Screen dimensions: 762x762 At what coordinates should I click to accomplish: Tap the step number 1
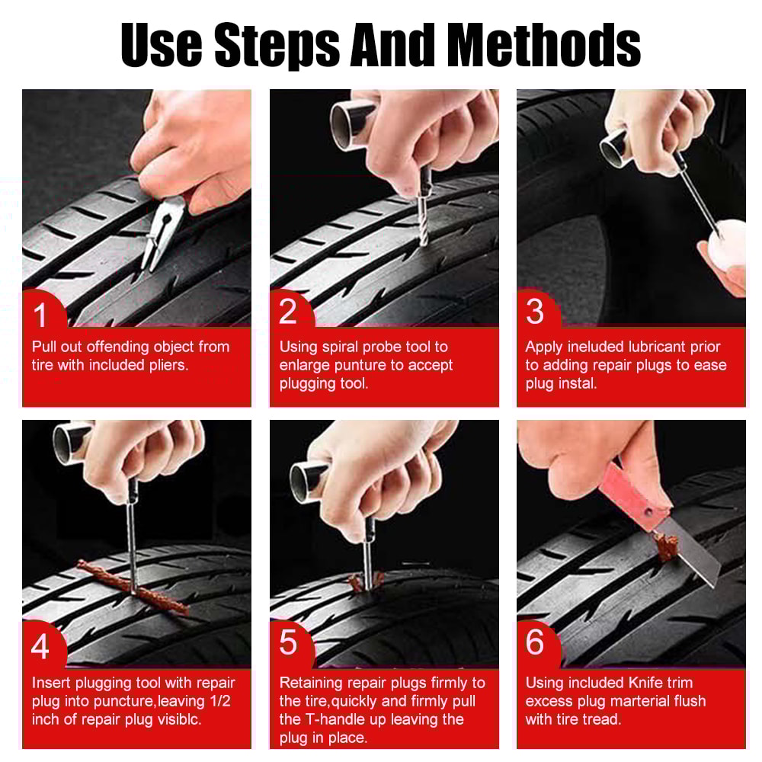click(40, 314)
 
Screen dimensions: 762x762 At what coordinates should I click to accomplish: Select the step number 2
click(287, 312)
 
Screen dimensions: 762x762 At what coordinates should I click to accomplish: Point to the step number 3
click(535, 312)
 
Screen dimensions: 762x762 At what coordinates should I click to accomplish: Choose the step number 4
click(40, 647)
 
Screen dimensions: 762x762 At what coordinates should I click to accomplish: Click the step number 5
click(288, 643)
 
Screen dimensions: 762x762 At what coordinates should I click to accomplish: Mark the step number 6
click(535, 643)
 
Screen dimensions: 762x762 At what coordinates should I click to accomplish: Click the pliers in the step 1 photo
click(162, 232)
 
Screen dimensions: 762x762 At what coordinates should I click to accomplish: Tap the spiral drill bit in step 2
click(424, 221)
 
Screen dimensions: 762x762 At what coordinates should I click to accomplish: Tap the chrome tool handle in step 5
click(309, 481)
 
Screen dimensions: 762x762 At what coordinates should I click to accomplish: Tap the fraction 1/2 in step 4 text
click(219, 701)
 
